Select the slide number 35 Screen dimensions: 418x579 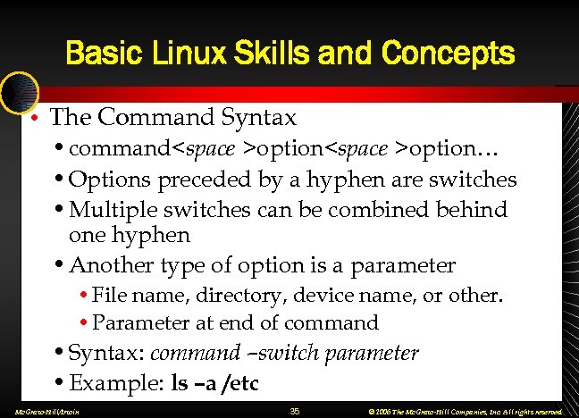(x=296, y=410)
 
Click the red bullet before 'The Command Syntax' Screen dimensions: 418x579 (x=32, y=118)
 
